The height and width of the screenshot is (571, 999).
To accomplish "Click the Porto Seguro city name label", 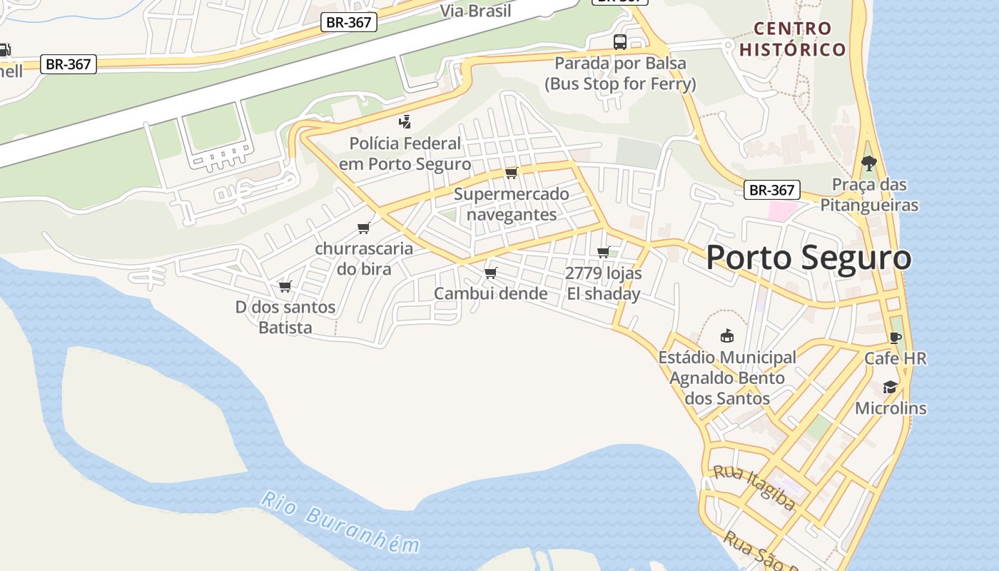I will click(x=808, y=258).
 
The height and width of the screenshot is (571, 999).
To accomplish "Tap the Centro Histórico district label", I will click(x=793, y=39).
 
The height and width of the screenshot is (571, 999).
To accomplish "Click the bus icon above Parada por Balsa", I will click(x=620, y=42).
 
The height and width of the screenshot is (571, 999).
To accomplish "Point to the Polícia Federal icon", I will click(x=405, y=122).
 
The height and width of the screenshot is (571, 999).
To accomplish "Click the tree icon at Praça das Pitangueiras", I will click(x=868, y=164).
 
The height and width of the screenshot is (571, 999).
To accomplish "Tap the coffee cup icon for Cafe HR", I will click(x=896, y=338).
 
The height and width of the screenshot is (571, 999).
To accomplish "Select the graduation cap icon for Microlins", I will click(x=890, y=388).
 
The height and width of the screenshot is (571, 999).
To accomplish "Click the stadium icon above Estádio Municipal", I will click(x=727, y=336).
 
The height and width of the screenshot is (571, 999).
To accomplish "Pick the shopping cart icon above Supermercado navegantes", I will click(x=511, y=173).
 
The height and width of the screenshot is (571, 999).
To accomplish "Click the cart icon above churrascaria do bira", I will click(x=364, y=228).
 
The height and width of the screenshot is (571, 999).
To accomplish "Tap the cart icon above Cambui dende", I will click(x=491, y=273).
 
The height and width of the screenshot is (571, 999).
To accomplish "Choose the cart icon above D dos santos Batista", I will click(x=285, y=286).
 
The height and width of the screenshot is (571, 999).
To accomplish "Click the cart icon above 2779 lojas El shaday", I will click(x=604, y=252).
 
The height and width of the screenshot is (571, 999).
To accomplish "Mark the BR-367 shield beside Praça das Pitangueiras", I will click(x=771, y=191).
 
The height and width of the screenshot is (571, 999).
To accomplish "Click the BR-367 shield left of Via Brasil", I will click(x=348, y=22).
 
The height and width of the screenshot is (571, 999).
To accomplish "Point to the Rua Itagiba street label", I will click(x=754, y=488).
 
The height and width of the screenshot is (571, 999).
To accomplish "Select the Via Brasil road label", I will click(x=475, y=11).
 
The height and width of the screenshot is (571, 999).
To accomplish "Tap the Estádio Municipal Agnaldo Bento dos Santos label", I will click(x=727, y=378).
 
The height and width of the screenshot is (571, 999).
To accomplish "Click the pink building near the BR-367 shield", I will click(x=782, y=211).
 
